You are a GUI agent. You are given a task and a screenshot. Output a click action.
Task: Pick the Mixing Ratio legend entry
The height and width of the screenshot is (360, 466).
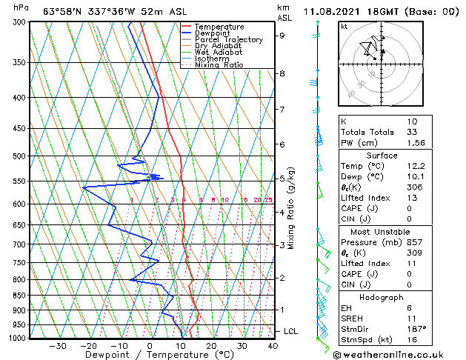click(x=219, y=65)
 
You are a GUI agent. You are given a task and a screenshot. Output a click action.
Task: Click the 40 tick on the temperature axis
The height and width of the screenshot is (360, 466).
click(x=273, y=346)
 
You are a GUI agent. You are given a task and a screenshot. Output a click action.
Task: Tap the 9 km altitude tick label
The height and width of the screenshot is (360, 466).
click(x=282, y=35)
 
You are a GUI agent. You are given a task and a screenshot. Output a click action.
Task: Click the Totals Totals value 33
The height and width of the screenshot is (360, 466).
click(x=413, y=132)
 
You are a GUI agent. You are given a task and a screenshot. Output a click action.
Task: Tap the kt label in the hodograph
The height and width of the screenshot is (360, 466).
click(x=344, y=26)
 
